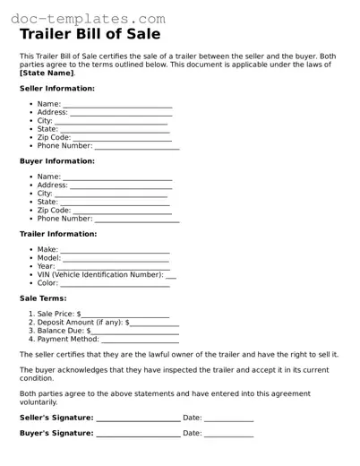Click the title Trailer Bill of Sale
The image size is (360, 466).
click(90, 35)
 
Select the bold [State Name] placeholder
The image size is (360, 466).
click(47, 73)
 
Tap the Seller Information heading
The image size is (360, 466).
click(57, 89)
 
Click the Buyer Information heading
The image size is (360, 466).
click(57, 161)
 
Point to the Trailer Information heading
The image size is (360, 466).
click(58, 234)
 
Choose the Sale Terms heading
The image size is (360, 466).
click(43, 298)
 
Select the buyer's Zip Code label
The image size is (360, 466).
click(55, 210)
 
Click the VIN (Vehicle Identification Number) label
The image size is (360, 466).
click(100, 274)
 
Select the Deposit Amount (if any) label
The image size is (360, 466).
click(81, 323)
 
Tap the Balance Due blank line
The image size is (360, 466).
click(134, 331)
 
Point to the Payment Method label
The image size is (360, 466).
click(68, 340)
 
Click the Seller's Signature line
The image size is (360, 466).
click(137, 418)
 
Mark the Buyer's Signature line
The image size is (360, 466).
click(137, 434)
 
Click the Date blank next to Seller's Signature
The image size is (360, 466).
click(228, 418)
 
